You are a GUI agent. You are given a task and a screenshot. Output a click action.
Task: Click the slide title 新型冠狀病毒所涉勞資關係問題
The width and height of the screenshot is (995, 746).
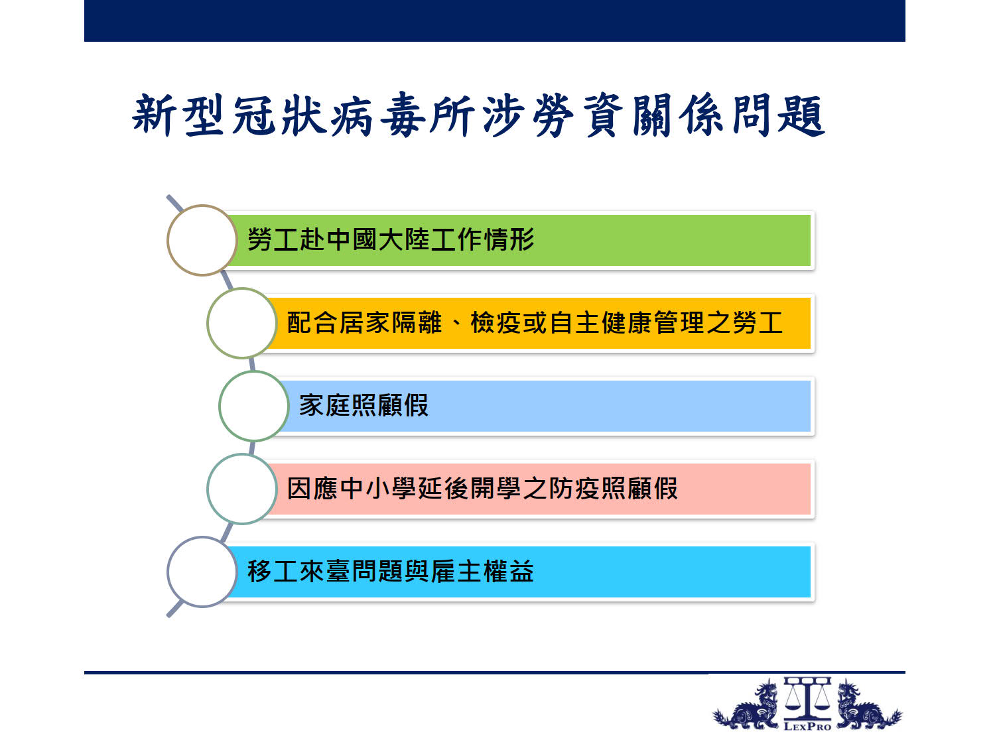479,115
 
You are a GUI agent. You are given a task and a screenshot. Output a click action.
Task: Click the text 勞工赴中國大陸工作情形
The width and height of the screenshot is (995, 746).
391,239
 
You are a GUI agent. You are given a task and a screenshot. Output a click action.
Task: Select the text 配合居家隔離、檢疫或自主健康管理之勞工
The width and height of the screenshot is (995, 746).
535,323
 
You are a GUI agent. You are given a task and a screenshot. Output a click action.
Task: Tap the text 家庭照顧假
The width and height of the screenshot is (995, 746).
364,405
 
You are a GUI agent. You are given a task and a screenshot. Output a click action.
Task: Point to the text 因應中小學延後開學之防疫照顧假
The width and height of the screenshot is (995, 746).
482,489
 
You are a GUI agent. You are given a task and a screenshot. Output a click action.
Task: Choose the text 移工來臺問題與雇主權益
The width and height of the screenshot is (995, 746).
391,572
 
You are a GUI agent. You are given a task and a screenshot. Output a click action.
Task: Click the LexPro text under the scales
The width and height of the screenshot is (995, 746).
807,727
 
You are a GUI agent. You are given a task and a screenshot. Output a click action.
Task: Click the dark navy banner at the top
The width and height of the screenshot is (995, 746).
495,21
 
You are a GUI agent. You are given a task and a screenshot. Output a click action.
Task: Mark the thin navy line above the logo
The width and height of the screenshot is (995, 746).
495,672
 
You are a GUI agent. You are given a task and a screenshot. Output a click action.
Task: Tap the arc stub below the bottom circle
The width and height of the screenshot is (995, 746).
175,609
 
